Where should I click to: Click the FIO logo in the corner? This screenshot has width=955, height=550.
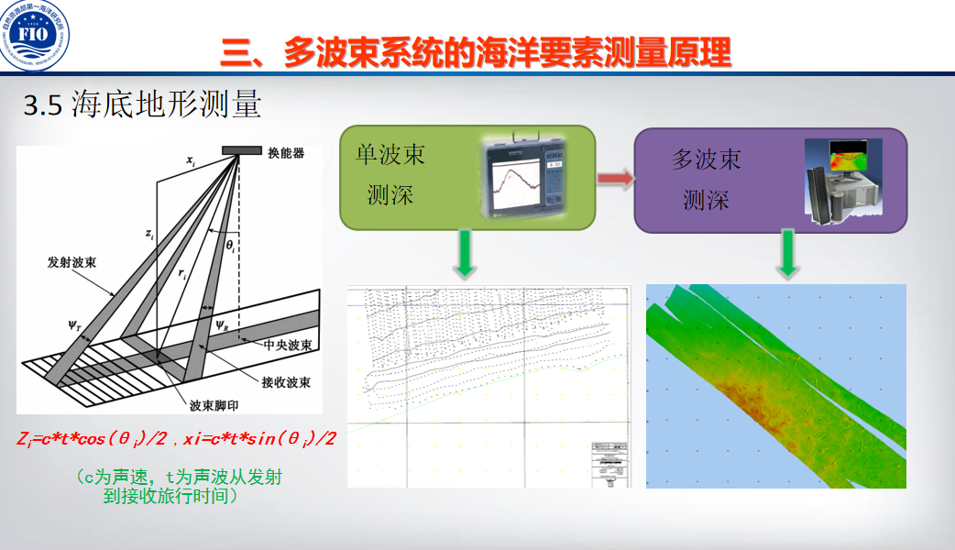(x=38, y=38)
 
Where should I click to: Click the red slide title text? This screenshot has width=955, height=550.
(x=476, y=52)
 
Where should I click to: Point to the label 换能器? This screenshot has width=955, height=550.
(x=286, y=153)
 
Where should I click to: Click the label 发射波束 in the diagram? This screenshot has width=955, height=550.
(x=73, y=263)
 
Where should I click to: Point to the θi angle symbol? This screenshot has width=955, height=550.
(x=231, y=247)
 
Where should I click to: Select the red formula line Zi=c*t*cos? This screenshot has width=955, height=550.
(x=176, y=438)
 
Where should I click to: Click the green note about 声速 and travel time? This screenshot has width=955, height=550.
(x=178, y=487)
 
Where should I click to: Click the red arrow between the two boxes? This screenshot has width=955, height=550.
(x=615, y=178)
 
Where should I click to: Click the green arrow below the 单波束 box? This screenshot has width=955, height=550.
(x=466, y=256)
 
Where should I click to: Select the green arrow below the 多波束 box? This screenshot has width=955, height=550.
(x=785, y=256)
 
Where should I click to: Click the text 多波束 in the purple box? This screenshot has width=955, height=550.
(x=706, y=159)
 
